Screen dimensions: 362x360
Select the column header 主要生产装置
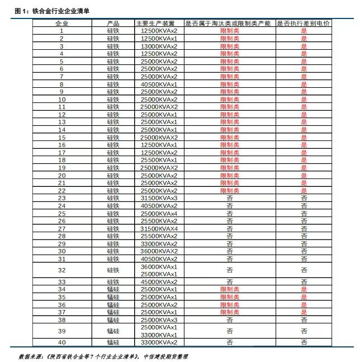[x=159, y=23]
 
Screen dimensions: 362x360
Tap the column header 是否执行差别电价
[x=304, y=23]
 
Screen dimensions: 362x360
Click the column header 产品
[x=113, y=23]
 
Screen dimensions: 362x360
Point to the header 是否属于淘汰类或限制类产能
[x=229, y=23]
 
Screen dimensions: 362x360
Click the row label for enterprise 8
[x=61, y=84]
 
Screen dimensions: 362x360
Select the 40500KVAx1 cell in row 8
[x=159, y=84]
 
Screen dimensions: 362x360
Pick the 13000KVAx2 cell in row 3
[x=159, y=46]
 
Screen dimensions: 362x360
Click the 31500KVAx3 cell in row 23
[x=159, y=198]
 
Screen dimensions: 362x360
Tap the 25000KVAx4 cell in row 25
[x=159, y=213]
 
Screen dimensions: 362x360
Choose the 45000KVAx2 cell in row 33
[x=159, y=282]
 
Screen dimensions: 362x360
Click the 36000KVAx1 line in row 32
[x=159, y=267]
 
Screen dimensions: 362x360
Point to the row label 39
[x=61, y=331]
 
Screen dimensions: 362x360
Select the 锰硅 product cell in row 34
[x=113, y=289]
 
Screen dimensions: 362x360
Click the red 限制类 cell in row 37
[x=229, y=312]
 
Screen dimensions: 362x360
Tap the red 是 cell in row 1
[x=304, y=31]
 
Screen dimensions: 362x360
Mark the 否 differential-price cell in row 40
[x=304, y=342]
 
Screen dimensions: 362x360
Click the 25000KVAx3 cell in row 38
[x=159, y=320]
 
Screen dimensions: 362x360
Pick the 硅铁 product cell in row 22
[x=113, y=191]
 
